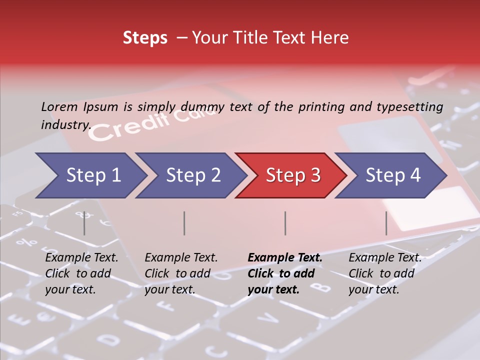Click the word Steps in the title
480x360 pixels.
pos(145,38)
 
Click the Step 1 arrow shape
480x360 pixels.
pos(90,175)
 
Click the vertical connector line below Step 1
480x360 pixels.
pos(84,223)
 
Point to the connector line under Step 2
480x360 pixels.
pos(184,223)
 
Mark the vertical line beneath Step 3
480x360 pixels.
pos(285,223)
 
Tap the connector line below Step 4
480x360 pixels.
pos(386,223)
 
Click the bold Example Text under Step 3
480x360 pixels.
pos(285,273)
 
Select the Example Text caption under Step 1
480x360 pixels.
pos(81,273)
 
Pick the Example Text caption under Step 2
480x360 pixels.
pos(181,273)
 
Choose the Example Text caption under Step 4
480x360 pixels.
pos(385,273)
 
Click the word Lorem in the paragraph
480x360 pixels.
pos(59,106)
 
